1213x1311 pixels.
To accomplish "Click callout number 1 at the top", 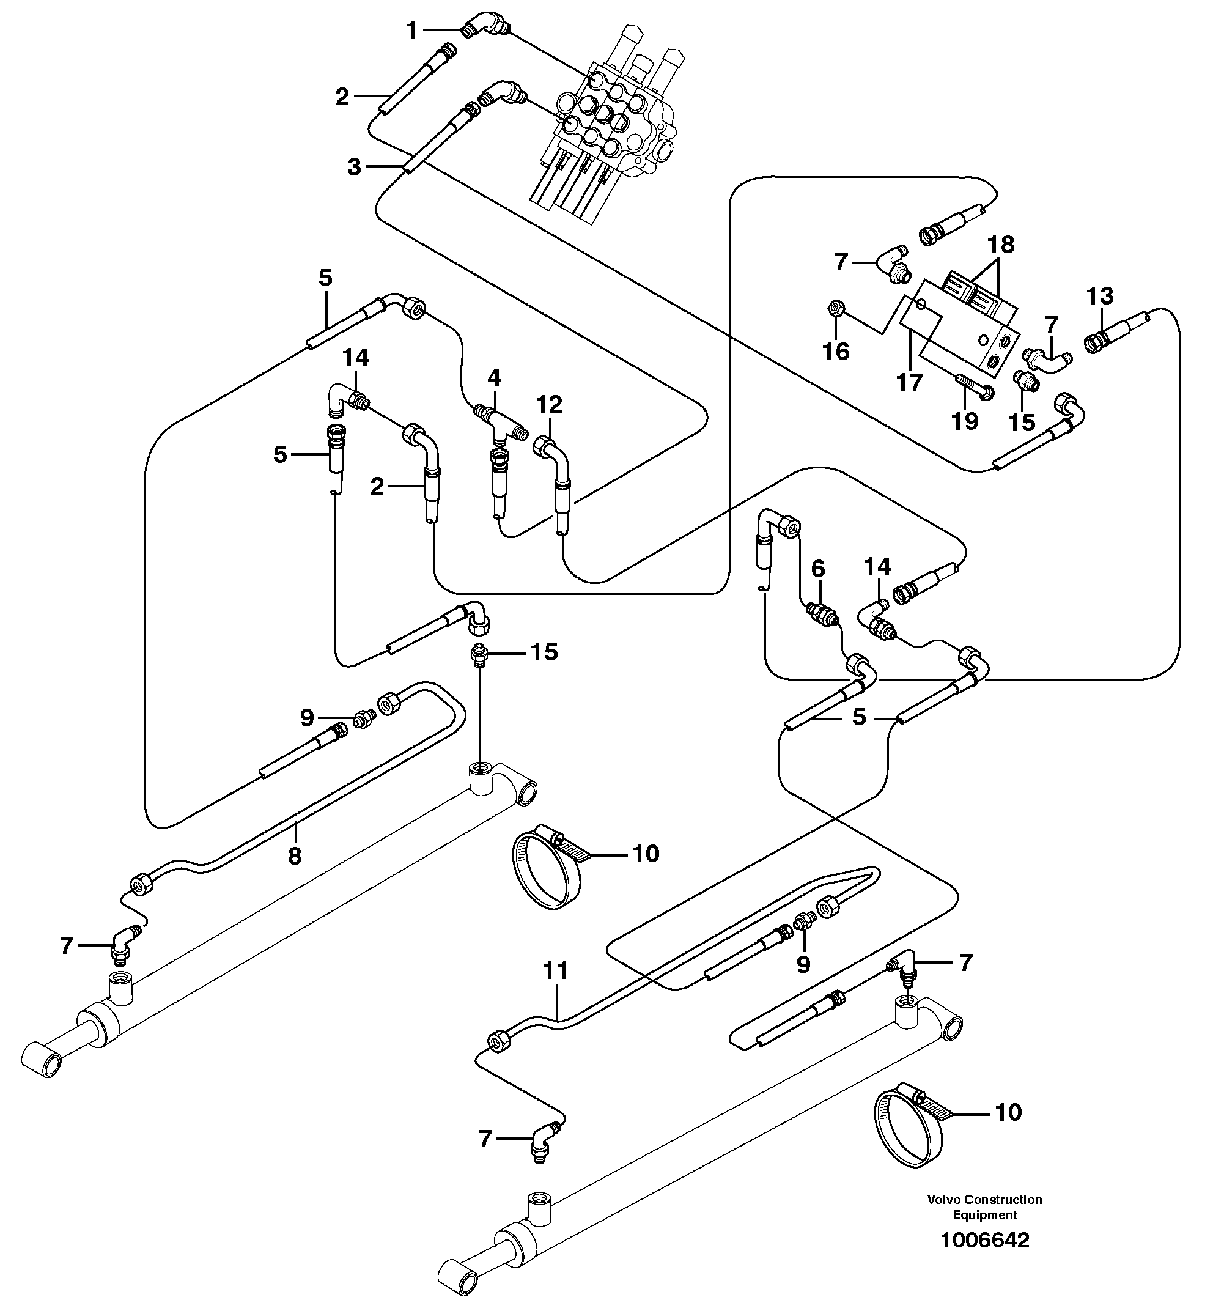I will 411,30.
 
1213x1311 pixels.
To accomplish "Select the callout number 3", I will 355,168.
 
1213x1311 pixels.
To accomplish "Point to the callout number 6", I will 817,569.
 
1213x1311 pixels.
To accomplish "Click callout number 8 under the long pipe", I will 295,855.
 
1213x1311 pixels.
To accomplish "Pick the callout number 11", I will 555,970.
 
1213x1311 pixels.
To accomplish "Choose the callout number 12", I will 549,404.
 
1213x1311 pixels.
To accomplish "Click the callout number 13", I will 1100,296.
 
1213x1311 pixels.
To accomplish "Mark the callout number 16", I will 836,352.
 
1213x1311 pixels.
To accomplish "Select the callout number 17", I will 910,382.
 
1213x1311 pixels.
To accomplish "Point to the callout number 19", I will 965,421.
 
